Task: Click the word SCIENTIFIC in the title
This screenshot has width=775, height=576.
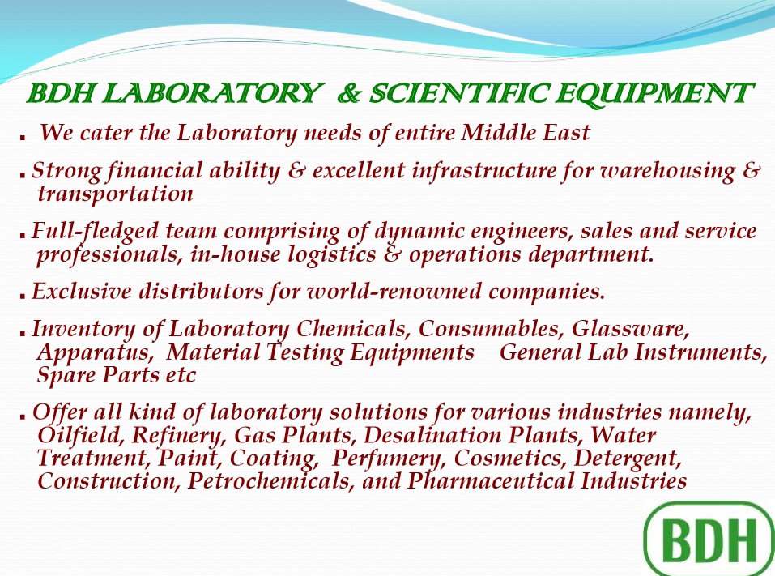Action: (459, 93)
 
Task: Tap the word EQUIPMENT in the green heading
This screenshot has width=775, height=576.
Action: (654, 94)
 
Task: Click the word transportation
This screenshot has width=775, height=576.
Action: (115, 194)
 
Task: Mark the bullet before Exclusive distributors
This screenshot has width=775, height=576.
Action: (23, 296)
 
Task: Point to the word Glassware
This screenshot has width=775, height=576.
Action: (630, 329)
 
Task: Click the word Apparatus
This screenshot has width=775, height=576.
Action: (94, 353)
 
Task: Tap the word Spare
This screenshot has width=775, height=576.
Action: (66, 375)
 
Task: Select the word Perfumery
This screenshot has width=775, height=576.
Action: (390, 459)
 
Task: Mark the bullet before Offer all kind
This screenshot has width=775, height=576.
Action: (23, 416)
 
